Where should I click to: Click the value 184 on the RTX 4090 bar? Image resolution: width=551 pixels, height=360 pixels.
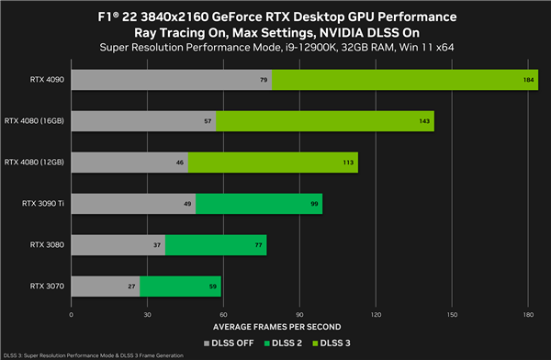pos(530,80)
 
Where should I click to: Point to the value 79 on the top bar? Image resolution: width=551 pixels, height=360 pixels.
pos(264,80)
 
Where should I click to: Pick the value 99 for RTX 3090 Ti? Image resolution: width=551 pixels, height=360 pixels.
pos(315,204)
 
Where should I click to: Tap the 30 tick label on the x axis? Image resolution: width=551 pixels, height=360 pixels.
pos(147,314)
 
